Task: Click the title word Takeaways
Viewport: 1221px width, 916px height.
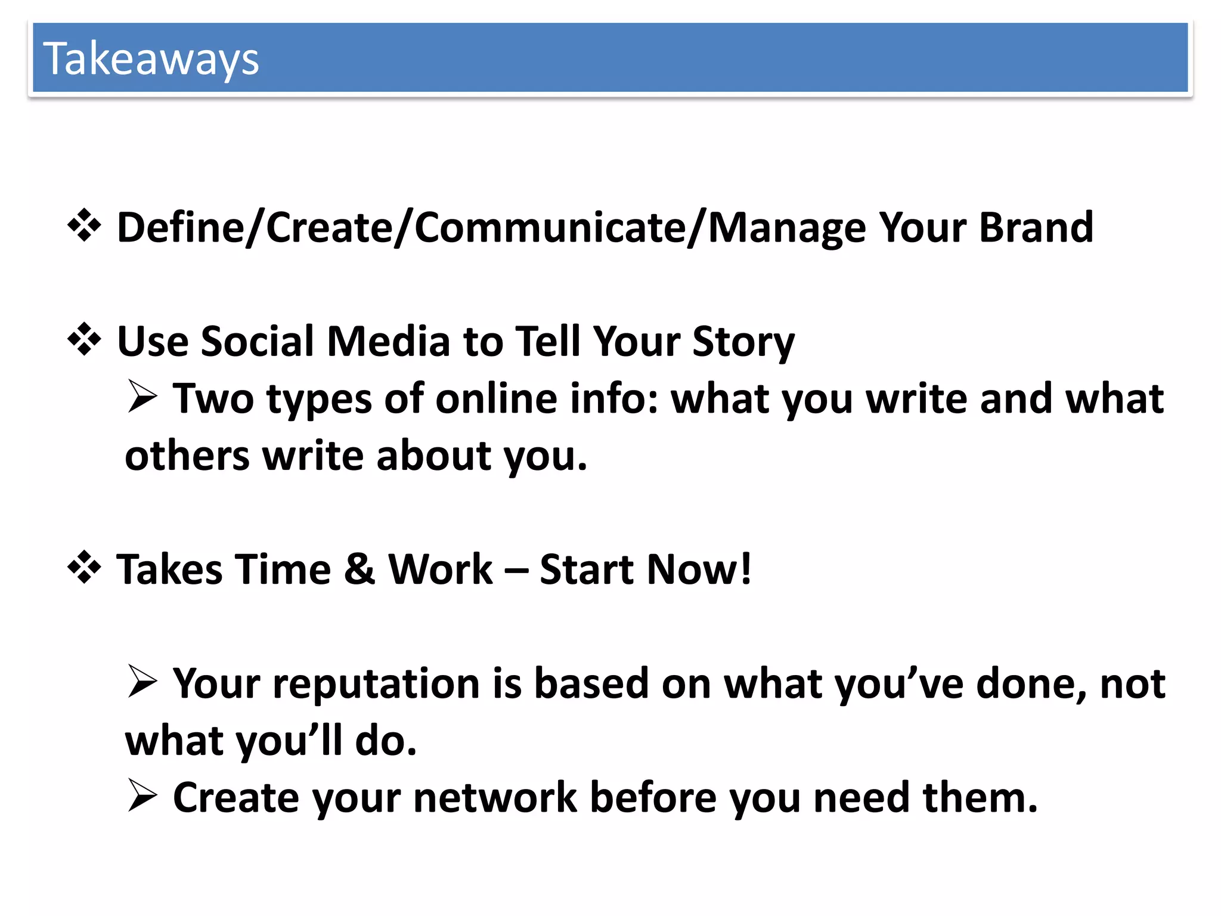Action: click(x=151, y=60)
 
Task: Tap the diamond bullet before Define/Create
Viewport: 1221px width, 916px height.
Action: click(x=84, y=226)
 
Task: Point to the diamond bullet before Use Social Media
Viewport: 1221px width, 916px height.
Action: click(x=84, y=340)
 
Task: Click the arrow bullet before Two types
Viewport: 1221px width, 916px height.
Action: click(x=142, y=397)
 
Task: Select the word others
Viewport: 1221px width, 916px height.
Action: click(x=187, y=456)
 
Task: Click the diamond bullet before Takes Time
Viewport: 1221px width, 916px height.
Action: click(x=84, y=568)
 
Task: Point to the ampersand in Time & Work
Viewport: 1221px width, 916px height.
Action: click(x=360, y=569)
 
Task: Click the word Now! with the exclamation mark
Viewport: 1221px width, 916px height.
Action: click(x=699, y=569)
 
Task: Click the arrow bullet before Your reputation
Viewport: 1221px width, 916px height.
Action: click(x=142, y=682)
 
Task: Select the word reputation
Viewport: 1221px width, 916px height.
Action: click(x=376, y=683)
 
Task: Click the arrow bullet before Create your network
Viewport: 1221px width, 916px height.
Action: click(x=142, y=796)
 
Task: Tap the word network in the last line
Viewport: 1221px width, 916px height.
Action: click(x=495, y=797)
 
